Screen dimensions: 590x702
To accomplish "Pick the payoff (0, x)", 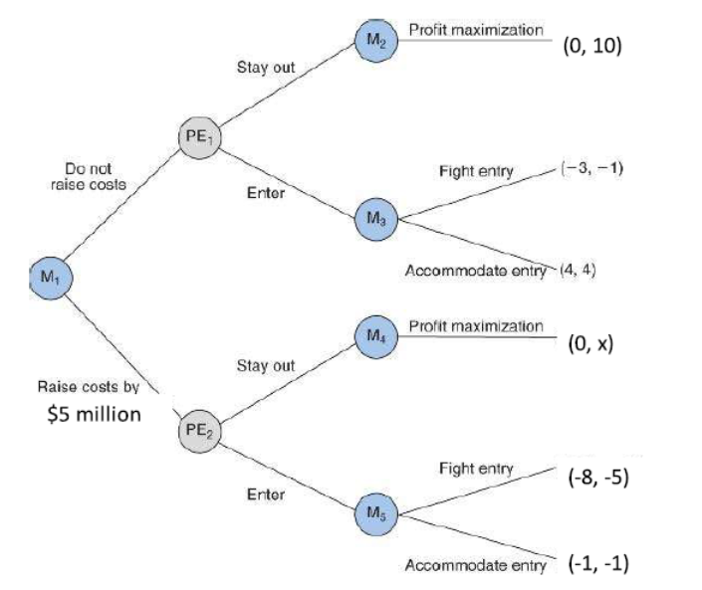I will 589,343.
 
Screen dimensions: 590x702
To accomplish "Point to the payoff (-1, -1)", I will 597,563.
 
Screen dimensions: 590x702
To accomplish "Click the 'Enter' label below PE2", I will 266,493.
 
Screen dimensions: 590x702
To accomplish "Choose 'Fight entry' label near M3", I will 476,171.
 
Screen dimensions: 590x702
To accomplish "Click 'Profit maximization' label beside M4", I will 476,325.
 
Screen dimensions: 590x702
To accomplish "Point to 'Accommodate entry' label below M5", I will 475,565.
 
